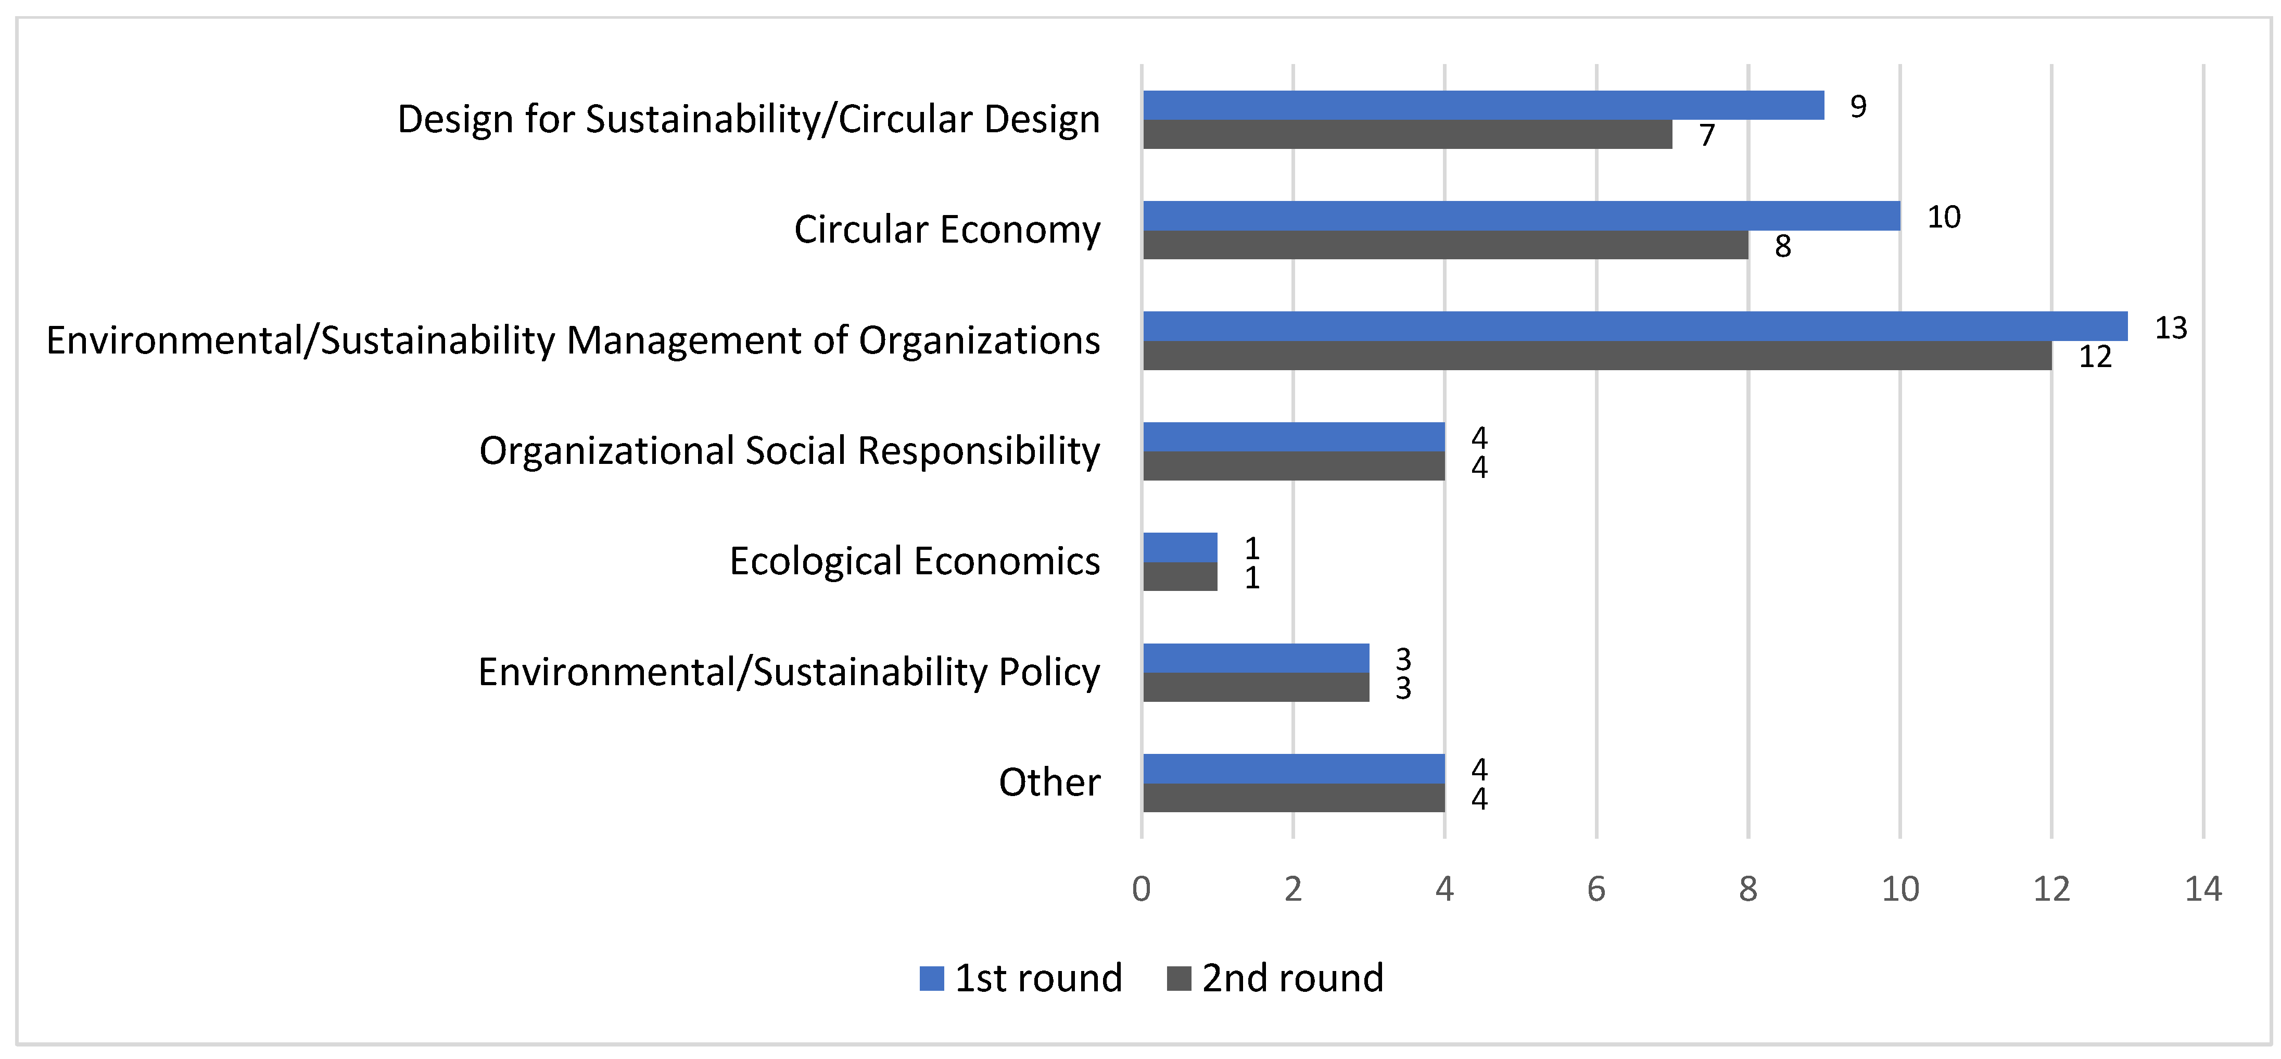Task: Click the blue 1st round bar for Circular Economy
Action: (x=1520, y=216)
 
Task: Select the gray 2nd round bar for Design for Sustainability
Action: (x=1407, y=135)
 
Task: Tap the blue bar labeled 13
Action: (x=1634, y=327)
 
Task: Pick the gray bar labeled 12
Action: (x=1596, y=356)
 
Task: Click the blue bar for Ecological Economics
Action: (x=1180, y=547)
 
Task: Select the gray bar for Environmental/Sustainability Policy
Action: (x=1256, y=687)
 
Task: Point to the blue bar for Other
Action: (x=1294, y=768)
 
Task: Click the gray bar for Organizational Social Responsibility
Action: (x=1294, y=467)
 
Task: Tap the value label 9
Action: (x=1858, y=106)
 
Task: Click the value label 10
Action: (x=1944, y=217)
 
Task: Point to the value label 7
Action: (x=1706, y=135)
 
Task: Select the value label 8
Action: (x=1782, y=246)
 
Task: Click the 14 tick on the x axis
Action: (x=2203, y=889)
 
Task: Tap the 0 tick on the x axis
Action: (x=1142, y=889)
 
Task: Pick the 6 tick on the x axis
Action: (x=1595, y=889)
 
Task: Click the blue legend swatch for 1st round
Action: (x=932, y=978)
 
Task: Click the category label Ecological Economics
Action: (x=914, y=561)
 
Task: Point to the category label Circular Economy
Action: (x=946, y=229)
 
